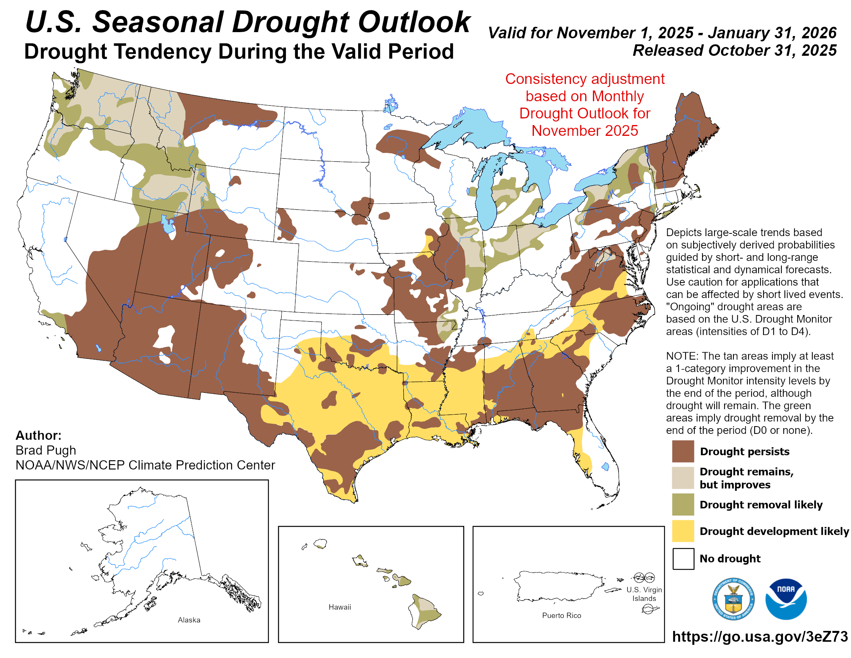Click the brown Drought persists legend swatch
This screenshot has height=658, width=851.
tap(683, 451)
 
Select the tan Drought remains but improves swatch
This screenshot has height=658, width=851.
tap(683, 478)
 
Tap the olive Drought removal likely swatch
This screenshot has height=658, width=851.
tap(683, 504)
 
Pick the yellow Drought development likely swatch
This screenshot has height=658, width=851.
tap(683, 531)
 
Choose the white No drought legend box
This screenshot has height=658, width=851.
tap(683, 558)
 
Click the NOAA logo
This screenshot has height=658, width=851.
tap(786, 599)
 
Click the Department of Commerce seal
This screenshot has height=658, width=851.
tap(733, 599)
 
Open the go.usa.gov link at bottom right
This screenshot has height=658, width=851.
tap(759, 636)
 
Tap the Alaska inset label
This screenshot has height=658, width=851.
tap(189, 620)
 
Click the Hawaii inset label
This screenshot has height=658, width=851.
tap(339, 607)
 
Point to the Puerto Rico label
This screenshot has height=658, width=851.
tap(561, 615)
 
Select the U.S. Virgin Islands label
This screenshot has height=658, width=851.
tap(644, 594)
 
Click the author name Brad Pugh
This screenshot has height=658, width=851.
tap(46, 450)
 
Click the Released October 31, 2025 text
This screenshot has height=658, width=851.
tap(734, 50)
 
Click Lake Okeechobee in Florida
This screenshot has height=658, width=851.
tap(605, 466)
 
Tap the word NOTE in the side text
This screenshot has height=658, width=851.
tap(681, 356)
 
